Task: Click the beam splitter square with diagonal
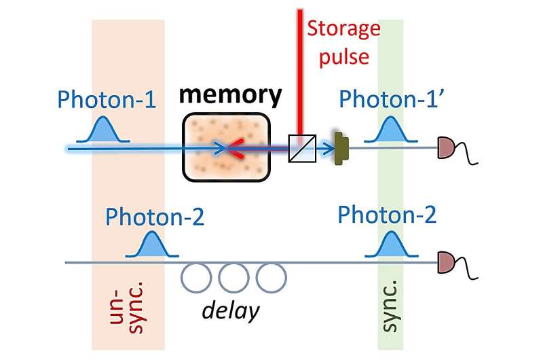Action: pyautogui.click(x=299, y=147)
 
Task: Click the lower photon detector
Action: pyautogui.click(x=446, y=261)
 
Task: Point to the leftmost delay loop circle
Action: pyautogui.click(x=195, y=276)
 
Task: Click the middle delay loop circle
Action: pyautogui.click(x=233, y=276)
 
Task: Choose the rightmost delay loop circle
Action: pyautogui.click(x=271, y=276)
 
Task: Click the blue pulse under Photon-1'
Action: pyautogui.click(x=390, y=131)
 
